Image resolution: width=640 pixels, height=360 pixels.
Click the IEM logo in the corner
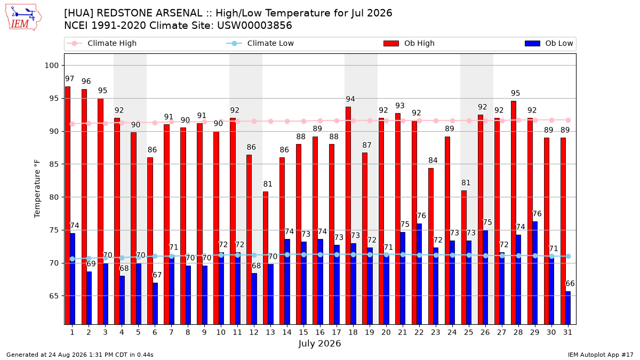click(23, 18)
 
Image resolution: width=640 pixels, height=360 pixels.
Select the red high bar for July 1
click(68, 205)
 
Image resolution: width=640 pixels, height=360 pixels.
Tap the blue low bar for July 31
click(568, 308)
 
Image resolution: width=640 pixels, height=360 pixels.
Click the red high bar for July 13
click(266, 258)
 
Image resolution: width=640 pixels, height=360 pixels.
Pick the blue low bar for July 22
click(419, 274)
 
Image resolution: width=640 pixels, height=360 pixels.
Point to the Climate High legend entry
click(101, 43)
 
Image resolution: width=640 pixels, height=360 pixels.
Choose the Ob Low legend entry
click(549, 43)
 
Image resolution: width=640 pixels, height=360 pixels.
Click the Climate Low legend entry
click(260, 43)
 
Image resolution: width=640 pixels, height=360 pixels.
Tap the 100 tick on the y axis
click(51, 66)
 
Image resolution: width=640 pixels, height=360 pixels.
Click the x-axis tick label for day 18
click(353, 332)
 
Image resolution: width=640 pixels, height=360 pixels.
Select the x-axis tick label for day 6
click(155, 332)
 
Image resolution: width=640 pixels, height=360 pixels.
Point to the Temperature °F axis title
click(37, 189)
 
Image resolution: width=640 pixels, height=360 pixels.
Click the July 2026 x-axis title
click(319, 343)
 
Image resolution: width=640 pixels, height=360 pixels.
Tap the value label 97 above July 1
click(69, 78)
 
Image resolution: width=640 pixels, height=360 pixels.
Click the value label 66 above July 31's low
click(570, 283)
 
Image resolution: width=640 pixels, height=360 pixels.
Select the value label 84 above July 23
click(433, 161)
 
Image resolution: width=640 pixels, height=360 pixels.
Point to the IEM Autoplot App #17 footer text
click(601, 355)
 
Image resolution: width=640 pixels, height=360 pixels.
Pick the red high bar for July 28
click(514, 213)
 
